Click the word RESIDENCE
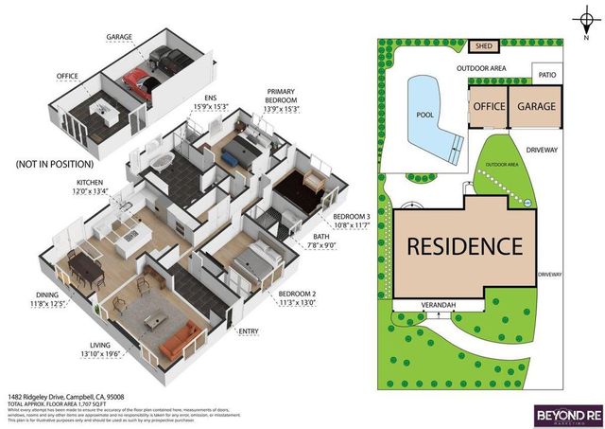(x=464, y=246)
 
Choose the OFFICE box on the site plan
(x=489, y=107)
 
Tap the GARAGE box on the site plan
(x=536, y=107)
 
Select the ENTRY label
(x=249, y=331)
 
